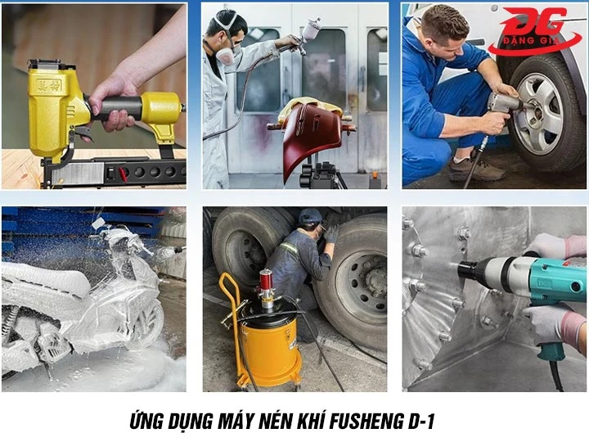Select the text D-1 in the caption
414,422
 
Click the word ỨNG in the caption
149,422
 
